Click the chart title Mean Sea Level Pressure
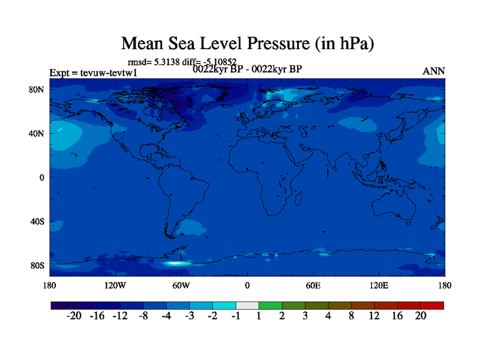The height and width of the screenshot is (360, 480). pos(248,43)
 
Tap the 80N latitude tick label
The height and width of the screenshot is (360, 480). pos(37,89)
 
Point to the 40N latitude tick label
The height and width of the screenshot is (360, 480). pos(37,133)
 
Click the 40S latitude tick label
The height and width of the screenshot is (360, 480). pos(37,221)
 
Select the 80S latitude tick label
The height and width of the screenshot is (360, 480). pos(37,265)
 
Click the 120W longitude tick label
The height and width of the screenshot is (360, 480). pos(115,285)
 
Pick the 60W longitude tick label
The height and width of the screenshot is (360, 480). pos(181,285)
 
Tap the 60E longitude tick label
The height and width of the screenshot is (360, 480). pos(313,285)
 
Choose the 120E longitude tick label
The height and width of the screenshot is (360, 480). pos(379,285)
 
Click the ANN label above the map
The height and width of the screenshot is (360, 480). pos(434,71)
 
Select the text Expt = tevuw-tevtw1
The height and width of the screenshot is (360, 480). pos(94,73)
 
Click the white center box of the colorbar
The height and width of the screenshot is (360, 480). pos(247,305)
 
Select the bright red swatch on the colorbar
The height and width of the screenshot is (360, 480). pos(432,305)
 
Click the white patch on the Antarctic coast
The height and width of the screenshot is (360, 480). pos(176,263)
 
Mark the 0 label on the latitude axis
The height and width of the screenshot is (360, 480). pos(42,178)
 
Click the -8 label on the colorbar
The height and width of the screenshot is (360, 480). pos(143,316)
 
